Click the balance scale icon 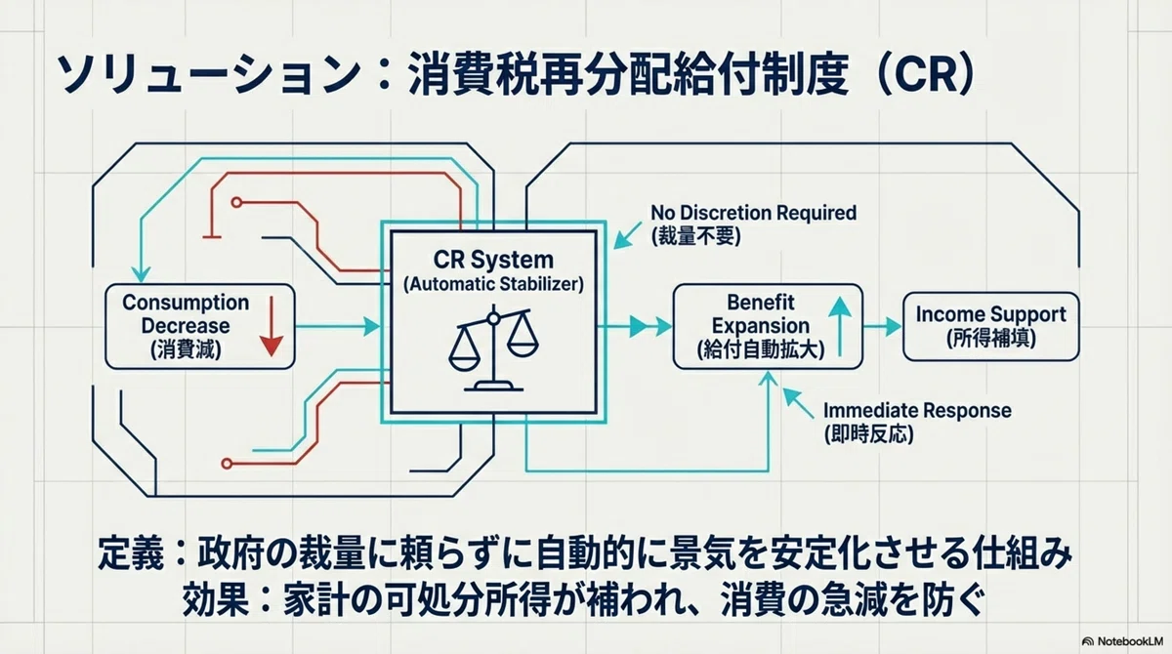point(493,350)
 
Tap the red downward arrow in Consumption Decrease point(272,327)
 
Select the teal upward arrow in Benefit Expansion point(840,327)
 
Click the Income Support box point(991,327)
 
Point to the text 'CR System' point(493,260)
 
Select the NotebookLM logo point(1122,641)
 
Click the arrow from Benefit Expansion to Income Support point(882,327)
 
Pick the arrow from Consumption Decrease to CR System point(338,327)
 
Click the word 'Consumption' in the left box point(186,303)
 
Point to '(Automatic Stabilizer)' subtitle point(493,284)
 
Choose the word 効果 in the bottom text point(215,599)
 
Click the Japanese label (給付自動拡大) point(761,349)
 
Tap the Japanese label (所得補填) point(991,339)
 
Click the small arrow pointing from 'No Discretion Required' point(627,235)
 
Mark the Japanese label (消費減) point(186,349)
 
